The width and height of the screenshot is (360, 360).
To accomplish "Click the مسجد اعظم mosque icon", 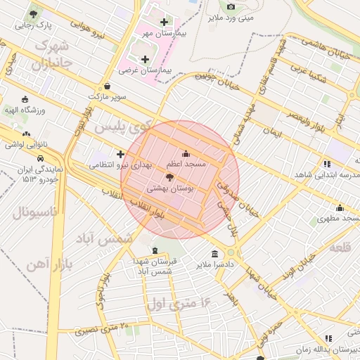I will tap(186, 154).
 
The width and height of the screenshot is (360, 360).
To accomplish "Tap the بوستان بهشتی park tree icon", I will tap(169, 178).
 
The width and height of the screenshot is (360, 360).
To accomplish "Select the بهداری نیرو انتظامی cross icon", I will tap(120, 154).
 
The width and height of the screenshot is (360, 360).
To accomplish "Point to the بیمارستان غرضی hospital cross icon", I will tap(146, 59).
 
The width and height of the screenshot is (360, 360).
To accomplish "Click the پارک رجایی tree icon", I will tap(33, 14).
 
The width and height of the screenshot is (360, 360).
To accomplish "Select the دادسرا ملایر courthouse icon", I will tap(214, 254).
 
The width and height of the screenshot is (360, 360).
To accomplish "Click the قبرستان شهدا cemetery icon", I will tap(155, 250).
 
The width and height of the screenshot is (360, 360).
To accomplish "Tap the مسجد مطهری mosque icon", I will tap(340, 207).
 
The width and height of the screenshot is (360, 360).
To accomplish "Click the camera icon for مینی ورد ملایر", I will tap(231, 7).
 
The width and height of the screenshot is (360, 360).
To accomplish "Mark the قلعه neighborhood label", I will tap(339, 247).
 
